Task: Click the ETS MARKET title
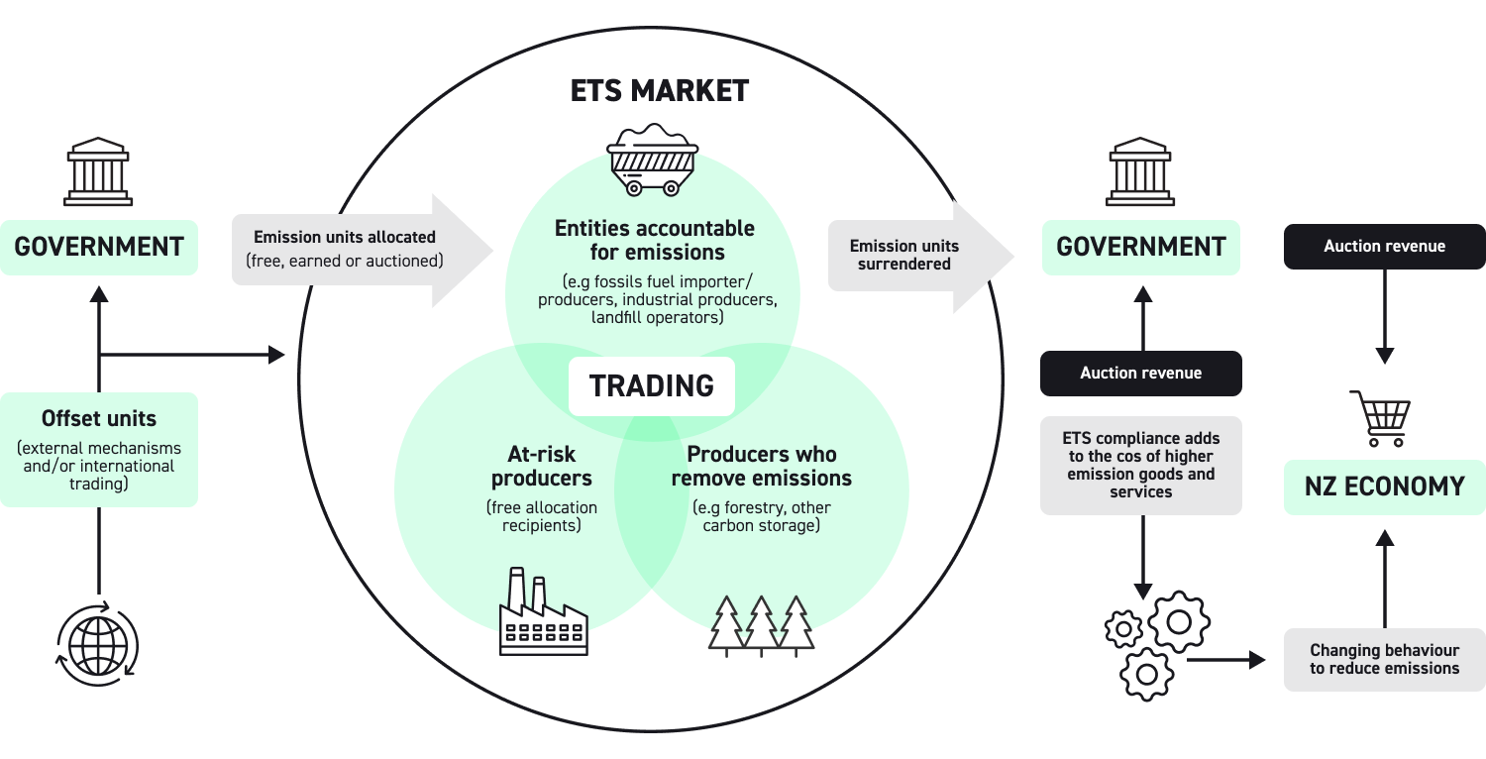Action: [x=660, y=91]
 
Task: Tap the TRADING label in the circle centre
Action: [x=651, y=386]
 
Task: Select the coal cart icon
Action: [x=652, y=160]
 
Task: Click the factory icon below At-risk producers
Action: [x=543, y=612]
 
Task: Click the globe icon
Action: [x=98, y=644]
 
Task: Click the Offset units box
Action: [x=98, y=449]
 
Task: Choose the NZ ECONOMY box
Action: [x=1384, y=487]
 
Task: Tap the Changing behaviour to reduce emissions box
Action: [x=1384, y=659]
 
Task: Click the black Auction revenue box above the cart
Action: [x=1384, y=246]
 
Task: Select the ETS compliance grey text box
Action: [x=1140, y=465]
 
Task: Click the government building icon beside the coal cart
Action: [x=1140, y=172]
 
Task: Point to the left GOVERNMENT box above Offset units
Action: [x=98, y=247]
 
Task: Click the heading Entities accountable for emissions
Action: [x=654, y=240]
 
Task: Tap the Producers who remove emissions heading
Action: [x=761, y=467]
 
